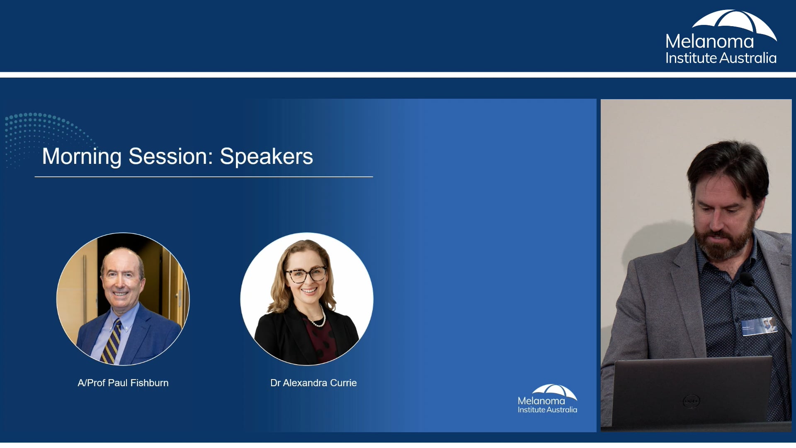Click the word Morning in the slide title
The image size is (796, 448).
click(x=82, y=157)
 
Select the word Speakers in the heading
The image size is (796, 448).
click(x=266, y=156)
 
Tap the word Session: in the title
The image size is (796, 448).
click(x=171, y=156)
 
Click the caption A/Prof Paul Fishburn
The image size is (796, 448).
click(x=123, y=383)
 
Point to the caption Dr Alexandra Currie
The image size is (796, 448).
click(x=313, y=383)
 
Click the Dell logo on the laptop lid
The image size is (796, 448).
click(x=691, y=401)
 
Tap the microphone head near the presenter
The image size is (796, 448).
click(x=747, y=279)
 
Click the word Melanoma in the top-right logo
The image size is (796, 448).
click(x=709, y=41)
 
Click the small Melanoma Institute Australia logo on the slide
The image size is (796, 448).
click(x=547, y=399)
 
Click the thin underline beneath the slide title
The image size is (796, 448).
click(x=204, y=177)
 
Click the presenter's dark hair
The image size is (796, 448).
click(x=730, y=166)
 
